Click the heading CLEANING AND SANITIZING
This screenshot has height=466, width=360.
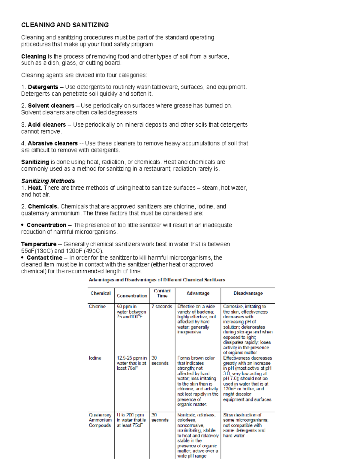65,25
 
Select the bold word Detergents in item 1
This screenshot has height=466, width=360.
43,87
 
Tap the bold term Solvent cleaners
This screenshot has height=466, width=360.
51,106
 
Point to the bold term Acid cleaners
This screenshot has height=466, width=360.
47,125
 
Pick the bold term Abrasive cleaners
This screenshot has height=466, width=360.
53,143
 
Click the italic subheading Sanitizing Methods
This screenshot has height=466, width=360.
48,181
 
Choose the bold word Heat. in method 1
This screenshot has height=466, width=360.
35,188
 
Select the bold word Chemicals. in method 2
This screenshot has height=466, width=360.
43,206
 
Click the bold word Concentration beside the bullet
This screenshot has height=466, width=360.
46,225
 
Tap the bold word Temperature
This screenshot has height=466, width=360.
39,244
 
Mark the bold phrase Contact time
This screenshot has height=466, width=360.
44,258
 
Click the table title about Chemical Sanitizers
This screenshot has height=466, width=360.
157,280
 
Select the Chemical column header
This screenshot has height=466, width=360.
100,293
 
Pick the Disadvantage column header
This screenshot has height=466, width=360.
248,293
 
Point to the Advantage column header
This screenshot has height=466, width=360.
198,293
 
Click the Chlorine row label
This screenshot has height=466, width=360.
97,306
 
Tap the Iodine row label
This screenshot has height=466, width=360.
95,358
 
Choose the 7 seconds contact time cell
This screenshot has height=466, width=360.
162,306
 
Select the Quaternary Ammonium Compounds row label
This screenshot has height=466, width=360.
100,420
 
